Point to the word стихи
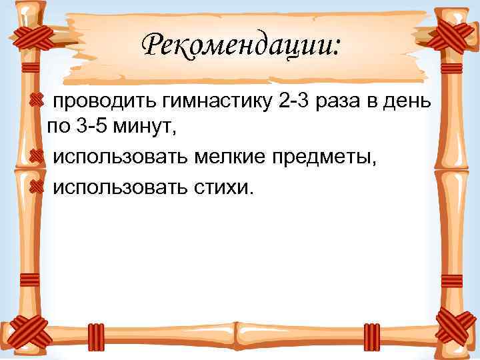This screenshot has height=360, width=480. (221, 187)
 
